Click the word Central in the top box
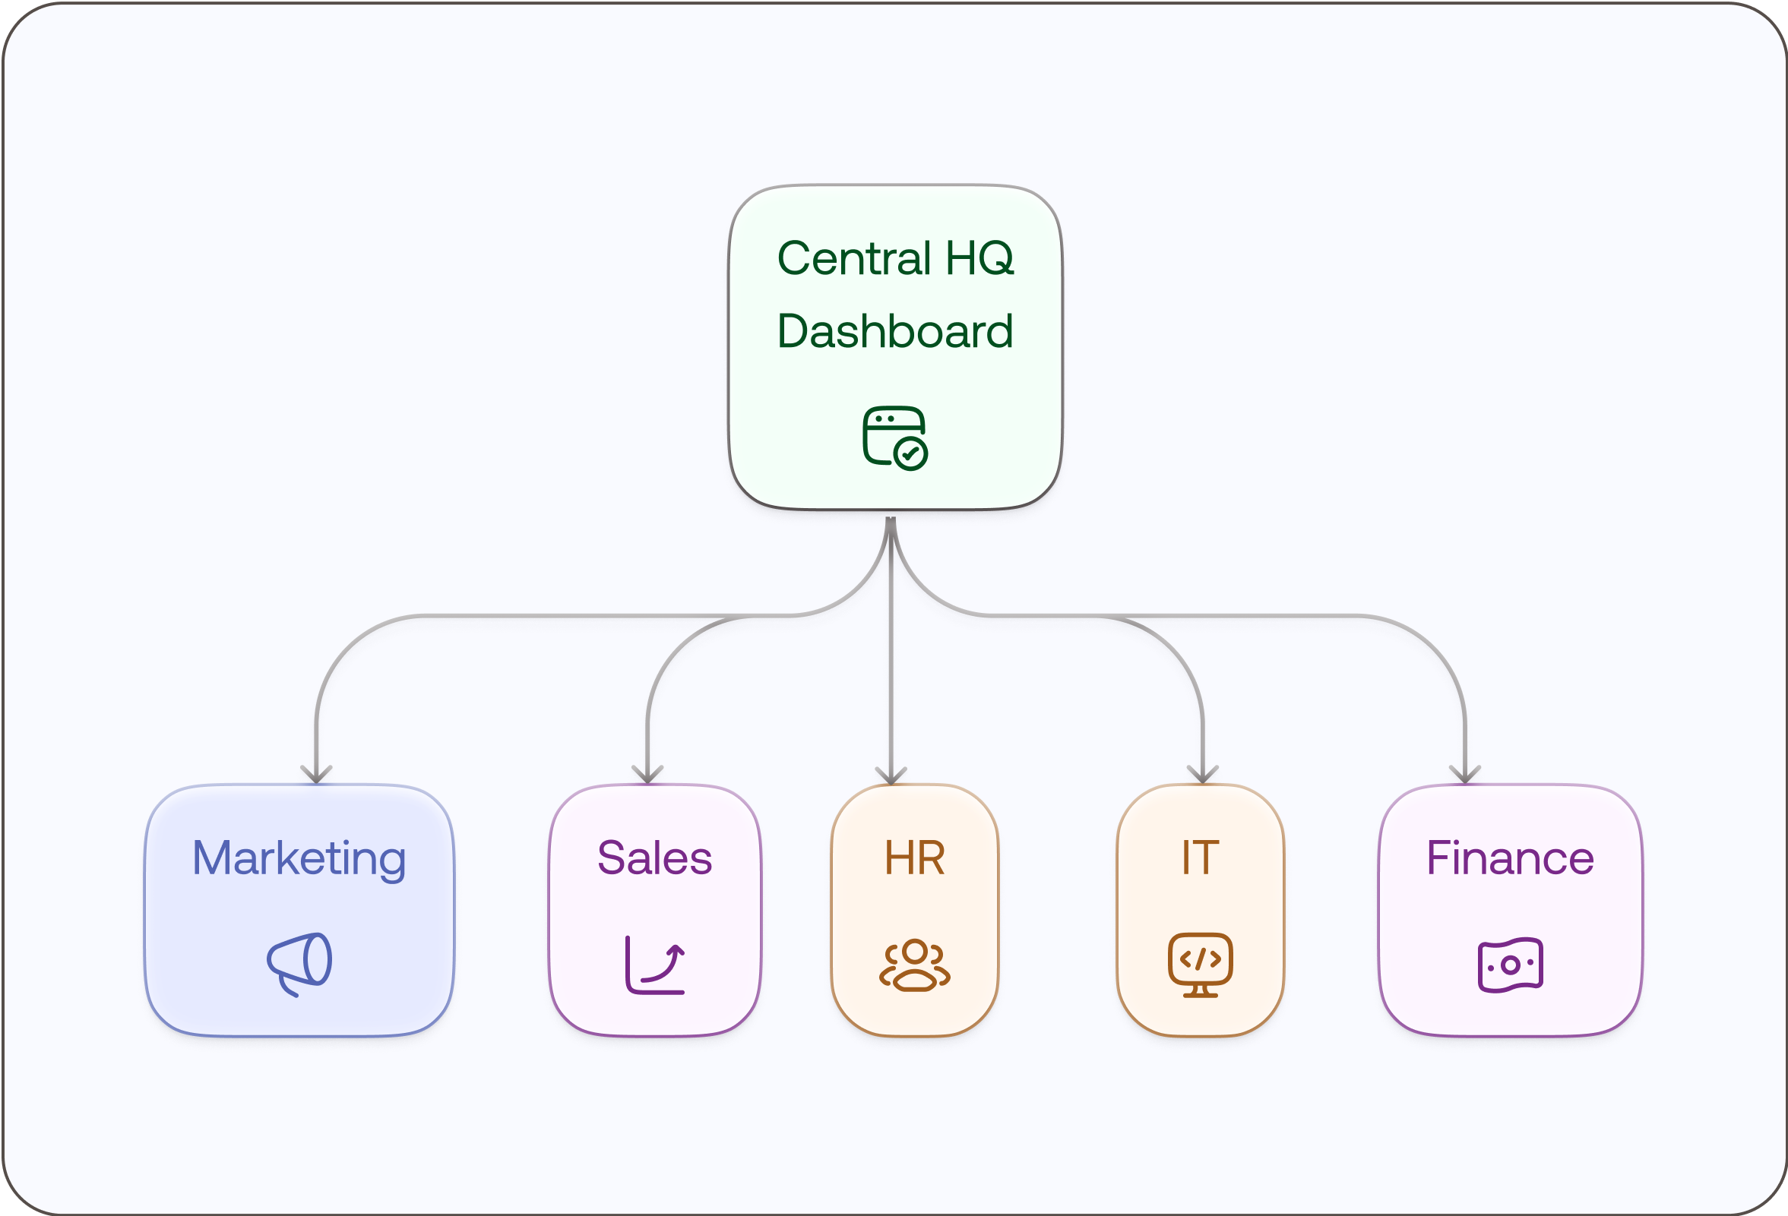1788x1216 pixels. [x=854, y=258]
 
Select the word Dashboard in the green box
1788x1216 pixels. [x=895, y=331]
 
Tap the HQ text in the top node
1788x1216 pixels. [x=979, y=258]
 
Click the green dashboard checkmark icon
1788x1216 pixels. [x=894, y=437]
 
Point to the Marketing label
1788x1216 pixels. [x=299, y=858]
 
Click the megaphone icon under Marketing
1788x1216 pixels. [x=300, y=964]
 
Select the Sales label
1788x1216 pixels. [x=655, y=858]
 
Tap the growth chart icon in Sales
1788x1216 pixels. [x=655, y=965]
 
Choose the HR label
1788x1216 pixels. [x=914, y=858]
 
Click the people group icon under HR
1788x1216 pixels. [x=914, y=965]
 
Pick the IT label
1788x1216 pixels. [x=1200, y=858]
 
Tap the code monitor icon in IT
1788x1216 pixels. [x=1200, y=965]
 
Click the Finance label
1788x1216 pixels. [x=1509, y=858]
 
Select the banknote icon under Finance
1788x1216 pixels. [x=1510, y=965]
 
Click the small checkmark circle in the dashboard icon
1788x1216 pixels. [x=912, y=453]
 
